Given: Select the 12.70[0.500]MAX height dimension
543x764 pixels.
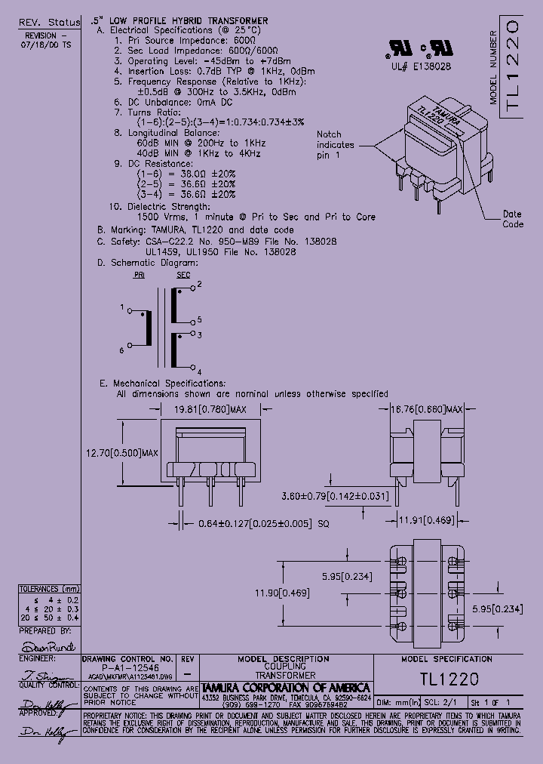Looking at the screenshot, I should coord(121,453).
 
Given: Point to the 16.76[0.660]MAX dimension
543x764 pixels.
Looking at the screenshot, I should coord(425,408).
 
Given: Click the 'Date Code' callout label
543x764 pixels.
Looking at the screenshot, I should coord(513,219).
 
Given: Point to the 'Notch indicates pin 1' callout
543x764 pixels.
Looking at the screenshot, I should coord(335,144).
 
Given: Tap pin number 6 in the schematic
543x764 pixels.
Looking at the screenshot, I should coord(121,350).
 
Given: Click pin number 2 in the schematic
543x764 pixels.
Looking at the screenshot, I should coord(198,286).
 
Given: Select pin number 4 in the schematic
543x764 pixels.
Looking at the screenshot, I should coord(198,372).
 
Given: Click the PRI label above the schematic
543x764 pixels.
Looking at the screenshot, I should coord(139,276).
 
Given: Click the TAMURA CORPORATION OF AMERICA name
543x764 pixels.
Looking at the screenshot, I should coord(285,688).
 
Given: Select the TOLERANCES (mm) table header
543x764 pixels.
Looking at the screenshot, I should coord(49,589).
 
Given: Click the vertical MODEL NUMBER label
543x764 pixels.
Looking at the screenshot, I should coord(494,68).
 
